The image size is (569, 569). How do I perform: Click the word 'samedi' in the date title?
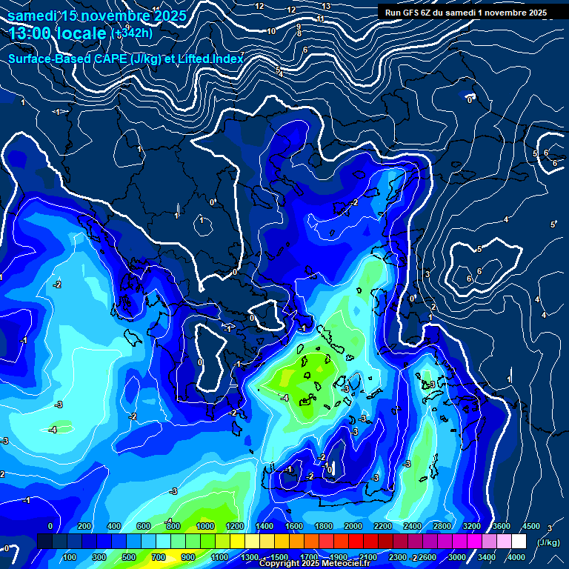point(33,15)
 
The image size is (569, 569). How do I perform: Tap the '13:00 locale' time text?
point(57,33)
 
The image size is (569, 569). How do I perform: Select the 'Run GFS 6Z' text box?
point(466,12)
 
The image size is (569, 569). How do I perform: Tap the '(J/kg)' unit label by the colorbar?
point(548,542)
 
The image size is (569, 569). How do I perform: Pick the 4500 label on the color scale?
point(530,526)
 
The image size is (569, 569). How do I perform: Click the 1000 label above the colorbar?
point(204,526)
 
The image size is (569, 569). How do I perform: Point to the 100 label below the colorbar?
point(70,556)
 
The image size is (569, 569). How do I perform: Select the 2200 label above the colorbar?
point(382,526)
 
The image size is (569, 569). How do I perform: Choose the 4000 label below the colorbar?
point(516,556)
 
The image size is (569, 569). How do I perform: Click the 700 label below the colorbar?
point(159,556)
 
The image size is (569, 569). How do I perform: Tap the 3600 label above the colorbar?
point(501,526)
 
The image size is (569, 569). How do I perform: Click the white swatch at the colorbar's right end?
point(519,542)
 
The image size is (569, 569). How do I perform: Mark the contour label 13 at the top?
point(326,6)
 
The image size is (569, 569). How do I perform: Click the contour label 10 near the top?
point(271,31)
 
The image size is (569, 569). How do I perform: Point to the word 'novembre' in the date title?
point(112,15)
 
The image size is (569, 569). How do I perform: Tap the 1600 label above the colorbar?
point(293,526)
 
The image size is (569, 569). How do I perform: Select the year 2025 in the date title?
point(170,15)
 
